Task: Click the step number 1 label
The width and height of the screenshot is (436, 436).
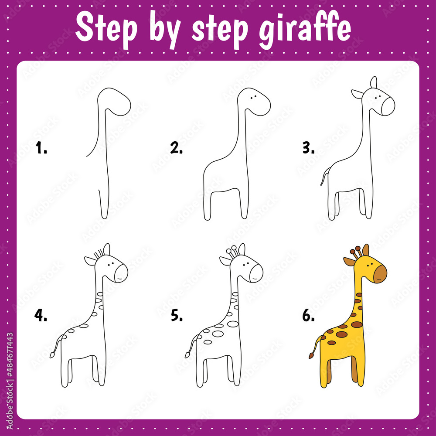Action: (x=41, y=149)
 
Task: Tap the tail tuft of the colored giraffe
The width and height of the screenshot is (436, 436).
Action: (x=311, y=356)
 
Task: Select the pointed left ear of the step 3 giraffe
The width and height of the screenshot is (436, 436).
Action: (x=357, y=93)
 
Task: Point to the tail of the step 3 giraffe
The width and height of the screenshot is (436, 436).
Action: (x=324, y=177)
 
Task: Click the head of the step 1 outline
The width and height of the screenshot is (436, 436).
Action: (x=116, y=101)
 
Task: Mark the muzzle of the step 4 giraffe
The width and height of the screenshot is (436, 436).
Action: (x=122, y=273)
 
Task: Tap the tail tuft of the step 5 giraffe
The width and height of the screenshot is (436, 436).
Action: (x=187, y=355)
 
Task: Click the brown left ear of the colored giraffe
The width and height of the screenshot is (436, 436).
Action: (x=349, y=261)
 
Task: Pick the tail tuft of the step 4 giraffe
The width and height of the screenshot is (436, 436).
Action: (x=52, y=355)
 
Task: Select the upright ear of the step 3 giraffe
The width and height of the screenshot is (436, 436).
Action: (x=373, y=82)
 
